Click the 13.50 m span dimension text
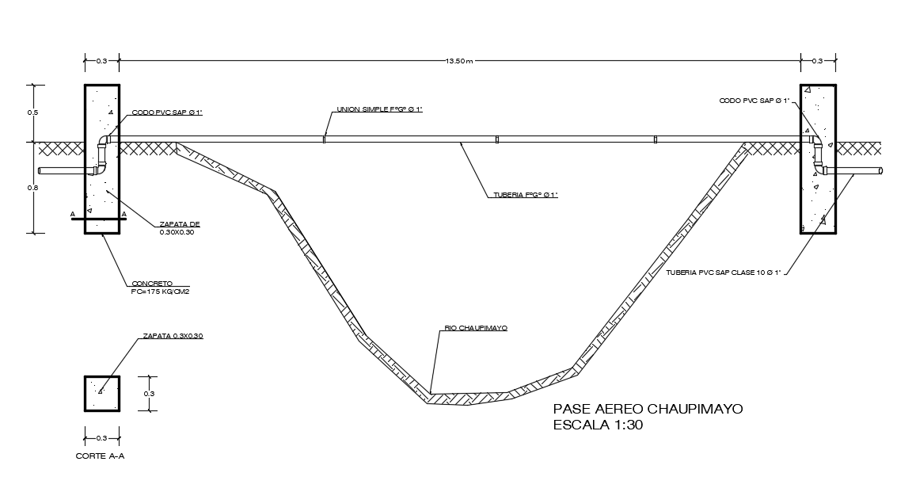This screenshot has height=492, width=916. pos(460,61)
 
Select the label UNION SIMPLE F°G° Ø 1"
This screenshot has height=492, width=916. pos(379,109)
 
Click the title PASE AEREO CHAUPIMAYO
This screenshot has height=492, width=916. pos(648,409)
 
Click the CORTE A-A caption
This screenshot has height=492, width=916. pos(100,457)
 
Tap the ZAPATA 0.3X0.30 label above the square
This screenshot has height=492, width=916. pos(173,337)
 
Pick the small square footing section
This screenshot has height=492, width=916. pos(102,394)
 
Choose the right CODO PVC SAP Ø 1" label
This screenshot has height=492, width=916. pos(754,101)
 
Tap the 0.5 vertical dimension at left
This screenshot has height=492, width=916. pos(32,113)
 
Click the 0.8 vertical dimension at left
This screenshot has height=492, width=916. pos(32,188)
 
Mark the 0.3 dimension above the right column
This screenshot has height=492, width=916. pos(818,61)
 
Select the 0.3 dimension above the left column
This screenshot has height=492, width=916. pos(101,61)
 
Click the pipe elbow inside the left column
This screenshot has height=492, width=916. pos(101,155)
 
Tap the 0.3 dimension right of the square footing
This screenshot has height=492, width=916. pos(149,394)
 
